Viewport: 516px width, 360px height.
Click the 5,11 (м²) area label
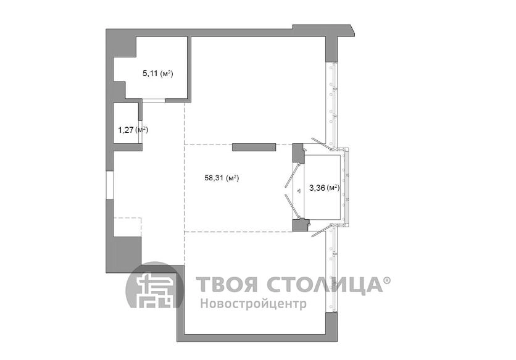pos(158,73)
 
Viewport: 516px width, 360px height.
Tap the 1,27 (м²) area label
pos(133,130)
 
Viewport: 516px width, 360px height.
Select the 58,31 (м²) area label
pos(222,178)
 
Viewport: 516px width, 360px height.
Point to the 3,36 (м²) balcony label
pos(324,188)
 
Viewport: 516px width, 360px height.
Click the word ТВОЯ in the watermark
pos(227,285)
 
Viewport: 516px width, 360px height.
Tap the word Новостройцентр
pos(254,303)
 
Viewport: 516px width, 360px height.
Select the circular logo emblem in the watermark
pos(155,285)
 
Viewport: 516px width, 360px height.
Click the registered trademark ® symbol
pos(387,280)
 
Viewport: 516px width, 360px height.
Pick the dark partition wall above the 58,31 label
pos(254,147)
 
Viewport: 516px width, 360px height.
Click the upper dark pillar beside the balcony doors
pos(299,153)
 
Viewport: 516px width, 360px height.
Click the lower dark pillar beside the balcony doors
pos(300,225)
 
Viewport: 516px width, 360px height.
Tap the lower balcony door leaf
pos(292,206)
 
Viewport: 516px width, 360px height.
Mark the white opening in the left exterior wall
pos(110,185)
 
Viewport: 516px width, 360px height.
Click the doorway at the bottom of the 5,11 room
pos(153,101)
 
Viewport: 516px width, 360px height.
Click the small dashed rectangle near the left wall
pos(127,227)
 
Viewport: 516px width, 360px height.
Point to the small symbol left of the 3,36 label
pos(299,190)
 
